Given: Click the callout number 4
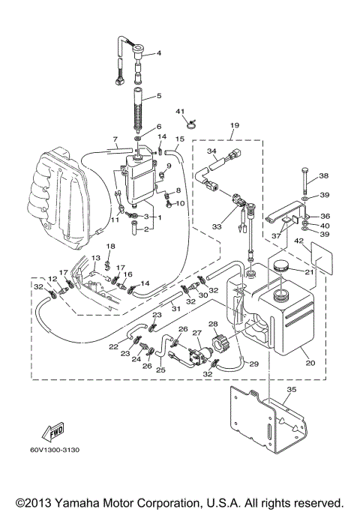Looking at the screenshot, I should coord(158,53).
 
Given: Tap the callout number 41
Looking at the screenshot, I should coord(181,112).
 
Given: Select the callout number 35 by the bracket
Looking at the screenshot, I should coord(292,390).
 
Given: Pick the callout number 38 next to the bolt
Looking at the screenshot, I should coord(324,176).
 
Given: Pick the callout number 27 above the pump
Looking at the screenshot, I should coord(198,332).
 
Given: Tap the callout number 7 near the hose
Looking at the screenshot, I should coord(115,139).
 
